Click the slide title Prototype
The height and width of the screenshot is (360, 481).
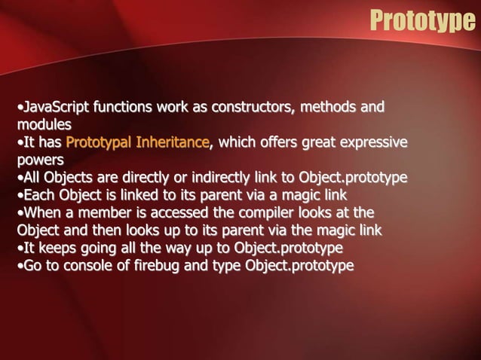click(421, 20)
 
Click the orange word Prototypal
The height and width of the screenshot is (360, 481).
click(99, 142)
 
